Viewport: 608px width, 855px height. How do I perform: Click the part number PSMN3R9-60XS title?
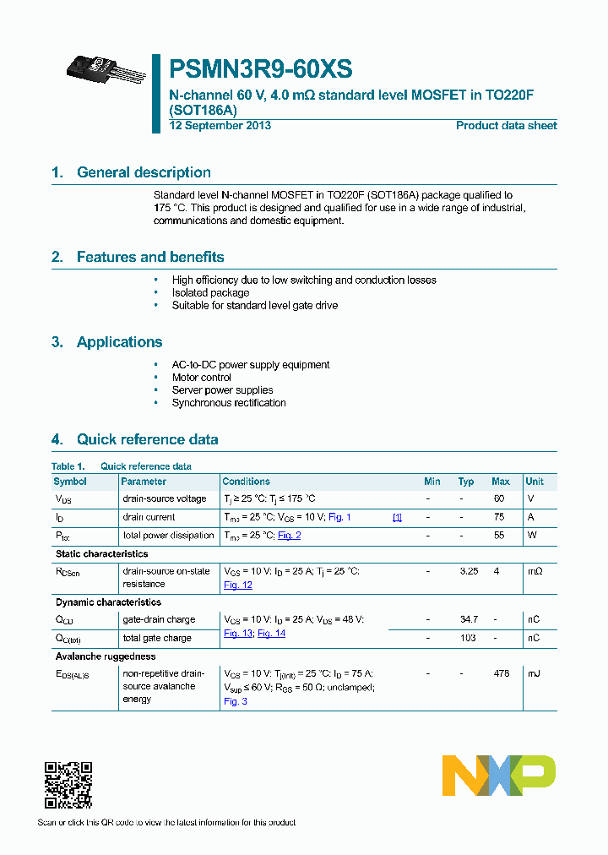261,68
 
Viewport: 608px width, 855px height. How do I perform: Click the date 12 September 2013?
220,126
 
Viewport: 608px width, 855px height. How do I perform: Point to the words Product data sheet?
506,126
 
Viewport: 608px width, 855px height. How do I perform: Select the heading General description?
144,172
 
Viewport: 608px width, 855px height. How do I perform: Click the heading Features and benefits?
150,257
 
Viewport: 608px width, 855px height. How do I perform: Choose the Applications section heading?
119,342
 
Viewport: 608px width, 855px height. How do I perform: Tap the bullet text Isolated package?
210,293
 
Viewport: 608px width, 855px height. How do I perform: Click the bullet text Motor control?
202,378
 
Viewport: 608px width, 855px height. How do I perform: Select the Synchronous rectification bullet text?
229,403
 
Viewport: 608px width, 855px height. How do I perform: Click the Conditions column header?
247,482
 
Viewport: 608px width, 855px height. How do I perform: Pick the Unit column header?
535,482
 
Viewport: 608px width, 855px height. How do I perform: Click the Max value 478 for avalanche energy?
501,673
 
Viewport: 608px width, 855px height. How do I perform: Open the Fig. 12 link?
238,585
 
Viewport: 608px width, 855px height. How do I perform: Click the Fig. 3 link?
236,701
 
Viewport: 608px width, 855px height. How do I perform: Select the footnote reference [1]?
397,517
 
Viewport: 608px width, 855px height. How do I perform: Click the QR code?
68,786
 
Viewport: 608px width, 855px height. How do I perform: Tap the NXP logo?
499,776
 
